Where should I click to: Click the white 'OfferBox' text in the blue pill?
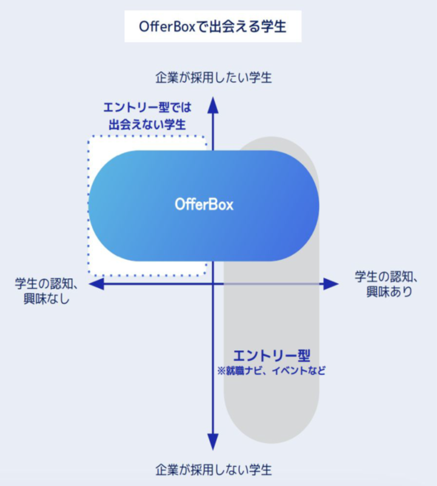pos(204,205)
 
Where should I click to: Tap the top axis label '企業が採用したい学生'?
pos(213,78)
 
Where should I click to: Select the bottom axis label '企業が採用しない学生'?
pos(213,470)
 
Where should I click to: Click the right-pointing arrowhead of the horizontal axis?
pos(330,284)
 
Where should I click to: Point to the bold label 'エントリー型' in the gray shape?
pos(267,355)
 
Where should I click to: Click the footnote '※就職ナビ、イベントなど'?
pos(271,371)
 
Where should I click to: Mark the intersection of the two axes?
pos(213,284)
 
